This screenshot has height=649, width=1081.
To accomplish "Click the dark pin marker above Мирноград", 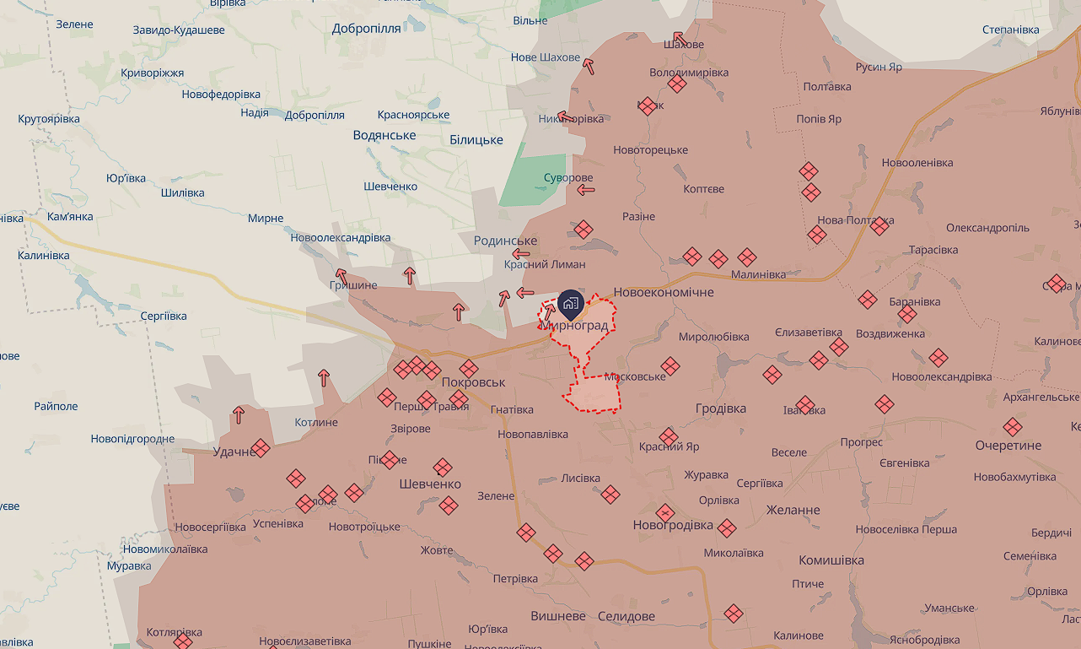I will click(x=570, y=302).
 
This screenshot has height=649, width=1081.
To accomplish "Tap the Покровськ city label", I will click(x=473, y=382).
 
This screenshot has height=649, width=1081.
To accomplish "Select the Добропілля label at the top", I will click(x=366, y=28).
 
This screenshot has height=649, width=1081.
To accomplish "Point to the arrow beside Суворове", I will click(x=586, y=190).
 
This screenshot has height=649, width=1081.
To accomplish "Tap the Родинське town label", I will click(x=505, y=241).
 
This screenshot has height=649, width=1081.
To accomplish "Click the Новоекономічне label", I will click(x=664, y=292).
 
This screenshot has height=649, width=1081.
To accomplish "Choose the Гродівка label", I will click(x=721, y=408).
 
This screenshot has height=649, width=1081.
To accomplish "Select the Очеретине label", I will click(x=1008, y=446).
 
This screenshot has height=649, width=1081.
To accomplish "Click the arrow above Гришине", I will click(x=341, y=275).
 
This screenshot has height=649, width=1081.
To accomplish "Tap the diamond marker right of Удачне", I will click(x=261, y=447).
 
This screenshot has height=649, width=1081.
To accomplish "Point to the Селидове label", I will click(x=626, y=617).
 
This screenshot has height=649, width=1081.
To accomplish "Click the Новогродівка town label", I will click(x=673, y=526).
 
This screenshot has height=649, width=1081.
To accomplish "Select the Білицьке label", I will click(x=476, y=140).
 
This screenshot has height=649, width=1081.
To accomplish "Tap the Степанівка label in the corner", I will click(x=1010, y=30).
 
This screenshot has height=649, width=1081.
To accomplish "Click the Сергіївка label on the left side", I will click(x=164, y=316).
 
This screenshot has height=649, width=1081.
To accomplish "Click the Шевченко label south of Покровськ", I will click(x=430, y=484).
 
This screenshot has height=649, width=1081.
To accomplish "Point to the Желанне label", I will click(x=793, y=511).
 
